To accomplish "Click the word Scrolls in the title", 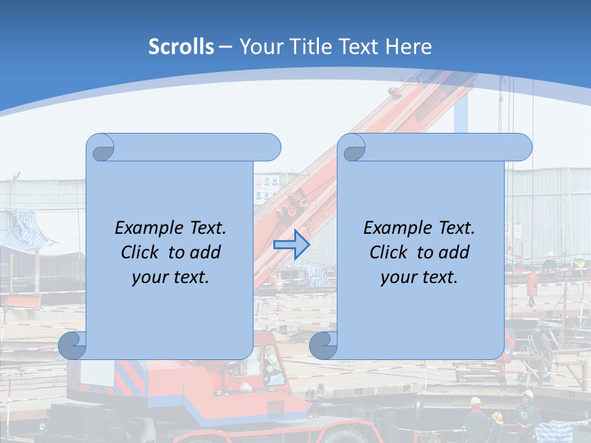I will (182, 47).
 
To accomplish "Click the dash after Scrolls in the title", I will (225, 47).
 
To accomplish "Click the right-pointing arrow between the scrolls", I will (291, 244).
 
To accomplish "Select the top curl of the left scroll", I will (102, 148).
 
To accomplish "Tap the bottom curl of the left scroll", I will (73, 346).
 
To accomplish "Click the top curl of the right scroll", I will (354, 148).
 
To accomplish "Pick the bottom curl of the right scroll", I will (323, 346).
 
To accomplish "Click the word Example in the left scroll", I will (147, 228).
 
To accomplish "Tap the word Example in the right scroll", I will (396, 228).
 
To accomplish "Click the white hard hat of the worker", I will (528, 394).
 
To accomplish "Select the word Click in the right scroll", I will (388, 252).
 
